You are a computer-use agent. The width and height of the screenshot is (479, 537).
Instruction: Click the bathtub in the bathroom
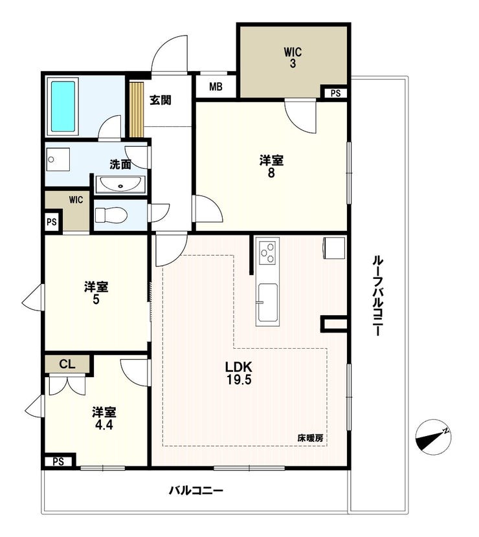click(63, 107)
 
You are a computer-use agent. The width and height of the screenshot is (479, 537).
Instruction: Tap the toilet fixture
click(111, 215)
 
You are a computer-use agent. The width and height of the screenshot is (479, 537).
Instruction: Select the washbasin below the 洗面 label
click(120, 184)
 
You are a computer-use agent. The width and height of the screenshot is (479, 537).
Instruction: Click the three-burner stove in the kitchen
click(268, 252)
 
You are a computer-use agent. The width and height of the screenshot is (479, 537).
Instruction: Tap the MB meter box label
click(216, 87)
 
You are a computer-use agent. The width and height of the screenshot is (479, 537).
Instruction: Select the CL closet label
click(67, 364)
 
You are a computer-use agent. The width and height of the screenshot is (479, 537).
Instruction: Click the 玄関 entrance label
click(161, 100)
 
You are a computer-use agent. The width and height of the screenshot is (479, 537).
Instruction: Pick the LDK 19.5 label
click(238, 373)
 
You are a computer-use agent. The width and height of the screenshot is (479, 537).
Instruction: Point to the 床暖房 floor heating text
click(310, 437)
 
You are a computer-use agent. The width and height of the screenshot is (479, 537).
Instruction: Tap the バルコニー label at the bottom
click(196, 491)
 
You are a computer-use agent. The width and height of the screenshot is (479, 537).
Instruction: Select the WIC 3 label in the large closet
click(293, 58)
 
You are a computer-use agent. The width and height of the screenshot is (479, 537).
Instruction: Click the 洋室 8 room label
click(271, 166)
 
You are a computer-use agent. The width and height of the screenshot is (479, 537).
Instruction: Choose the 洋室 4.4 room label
click(104, 419)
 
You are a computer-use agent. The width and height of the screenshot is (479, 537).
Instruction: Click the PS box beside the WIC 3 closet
click(335, 93)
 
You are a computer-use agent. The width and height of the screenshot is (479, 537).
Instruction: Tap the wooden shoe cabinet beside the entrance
click(136, 109)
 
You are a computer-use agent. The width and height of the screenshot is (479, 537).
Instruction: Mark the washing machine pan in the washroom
click(58, 160)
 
